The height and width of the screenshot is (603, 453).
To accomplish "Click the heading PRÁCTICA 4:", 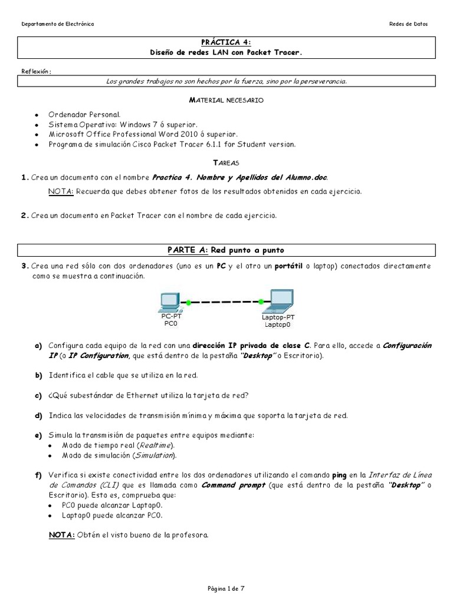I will [x=226, y=42].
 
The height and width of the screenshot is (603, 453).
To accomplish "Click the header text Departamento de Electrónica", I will [x=57, y=24].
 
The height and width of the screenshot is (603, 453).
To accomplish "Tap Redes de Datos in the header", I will [x=409, y=24].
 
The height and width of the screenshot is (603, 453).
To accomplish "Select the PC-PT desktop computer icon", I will [x=169, y=301].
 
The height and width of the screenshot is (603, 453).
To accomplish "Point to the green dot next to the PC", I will [x=189, y=303].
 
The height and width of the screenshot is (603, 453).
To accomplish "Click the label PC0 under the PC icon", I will [x=170, y=323].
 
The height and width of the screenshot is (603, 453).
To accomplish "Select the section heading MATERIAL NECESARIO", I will [x=226, y=101].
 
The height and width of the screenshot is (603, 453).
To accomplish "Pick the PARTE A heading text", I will [x=226, y=251].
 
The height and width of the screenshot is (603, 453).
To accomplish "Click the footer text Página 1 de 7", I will [x=226, y=588].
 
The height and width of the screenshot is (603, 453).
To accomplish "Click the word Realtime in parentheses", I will [x=149, y=445].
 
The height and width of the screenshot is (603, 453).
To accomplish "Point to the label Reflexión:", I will [x=37, y=71].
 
